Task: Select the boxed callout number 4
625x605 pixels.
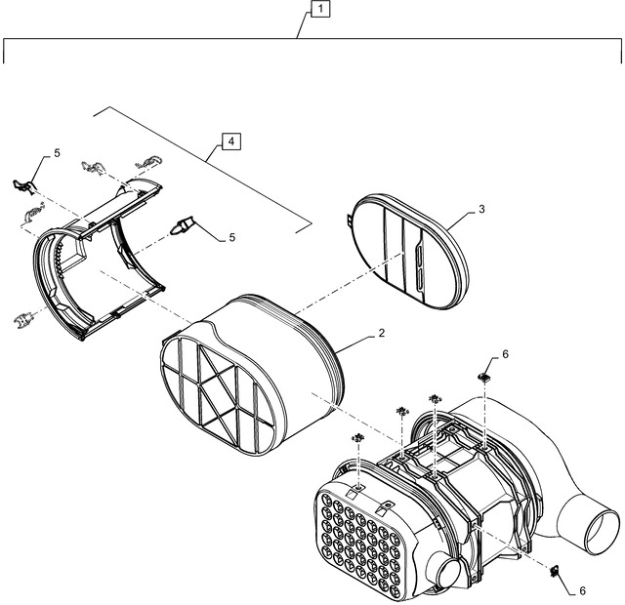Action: point(230,141)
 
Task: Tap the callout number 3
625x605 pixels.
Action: point(481,210)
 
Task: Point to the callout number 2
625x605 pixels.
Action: point(381,333)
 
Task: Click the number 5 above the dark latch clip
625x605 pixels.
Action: point(57,153)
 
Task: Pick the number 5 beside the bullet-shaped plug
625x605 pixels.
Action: point(231,237)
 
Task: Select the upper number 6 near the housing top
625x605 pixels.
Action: point(505,353)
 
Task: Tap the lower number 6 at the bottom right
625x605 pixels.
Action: point(583,590)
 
